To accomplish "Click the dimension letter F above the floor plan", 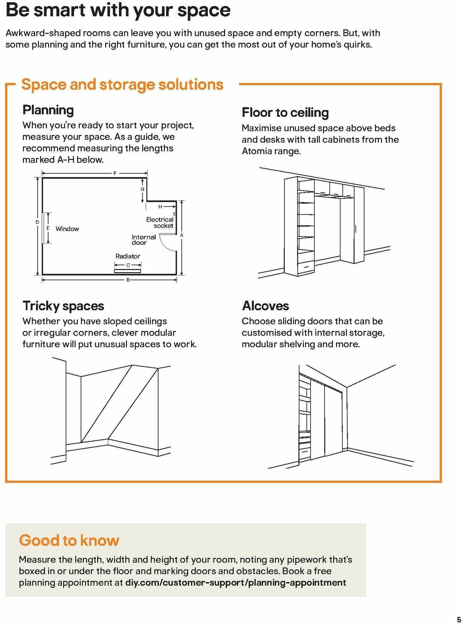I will point(115,173).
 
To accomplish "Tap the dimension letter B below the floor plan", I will point(128,280).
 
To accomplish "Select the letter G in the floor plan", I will point(142,189).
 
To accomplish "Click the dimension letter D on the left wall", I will point(37,222).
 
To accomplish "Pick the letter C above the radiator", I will point(128,265).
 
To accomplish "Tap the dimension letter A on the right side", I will point(182,235).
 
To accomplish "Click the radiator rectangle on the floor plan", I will point(128,271).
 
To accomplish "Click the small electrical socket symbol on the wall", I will point(174,214).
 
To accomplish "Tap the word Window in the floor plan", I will point(67,229).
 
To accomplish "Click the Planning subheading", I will point(48,110).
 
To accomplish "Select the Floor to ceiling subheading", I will point(285,113).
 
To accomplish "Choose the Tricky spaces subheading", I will point(64,306).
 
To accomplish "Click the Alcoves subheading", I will point(266,306).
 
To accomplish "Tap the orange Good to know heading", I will point(69,541).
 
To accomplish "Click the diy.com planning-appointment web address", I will point(236,583).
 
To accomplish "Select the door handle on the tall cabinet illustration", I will point(356,229).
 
